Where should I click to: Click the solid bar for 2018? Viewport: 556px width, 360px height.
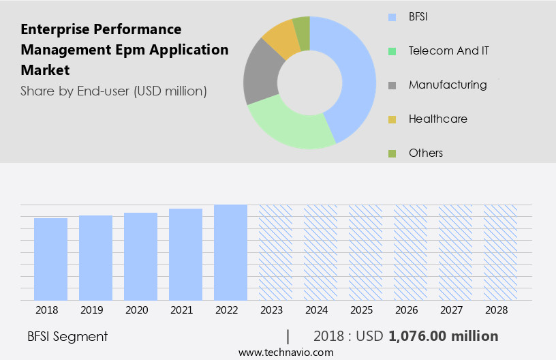coord(50,259)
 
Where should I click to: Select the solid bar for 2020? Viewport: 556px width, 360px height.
coord(140,256)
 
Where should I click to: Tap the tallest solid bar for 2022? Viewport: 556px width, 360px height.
coord(230,252)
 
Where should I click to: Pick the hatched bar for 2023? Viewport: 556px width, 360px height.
coord(275,252)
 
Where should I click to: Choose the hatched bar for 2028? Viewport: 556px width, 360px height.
coord(500,252)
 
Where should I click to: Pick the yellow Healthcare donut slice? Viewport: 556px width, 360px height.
coord(279,40)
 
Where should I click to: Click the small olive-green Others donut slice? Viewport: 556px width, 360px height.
coord(301,30)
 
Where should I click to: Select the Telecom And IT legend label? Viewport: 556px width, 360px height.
coord(448,50)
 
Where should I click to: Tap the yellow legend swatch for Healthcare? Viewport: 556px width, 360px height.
coord(392,119)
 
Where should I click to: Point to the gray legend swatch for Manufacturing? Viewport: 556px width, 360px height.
coord(392,85)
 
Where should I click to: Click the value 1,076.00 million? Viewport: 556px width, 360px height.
coord(443,336)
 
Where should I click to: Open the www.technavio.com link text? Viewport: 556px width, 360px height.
coord(285,352)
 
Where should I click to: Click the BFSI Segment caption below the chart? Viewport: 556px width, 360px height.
coord(67,336)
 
